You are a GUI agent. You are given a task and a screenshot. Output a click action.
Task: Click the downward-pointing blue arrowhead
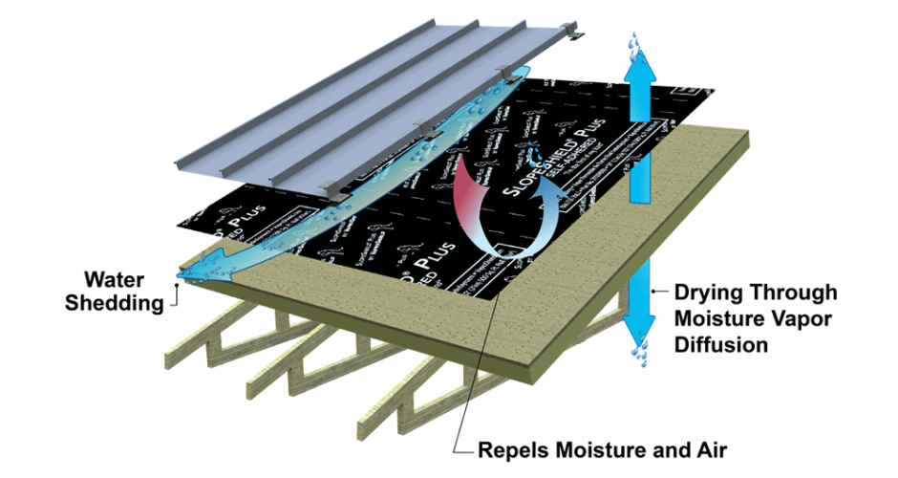[x=638, y=331]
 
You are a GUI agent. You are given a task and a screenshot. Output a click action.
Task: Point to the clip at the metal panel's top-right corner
[x=579, y=36]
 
